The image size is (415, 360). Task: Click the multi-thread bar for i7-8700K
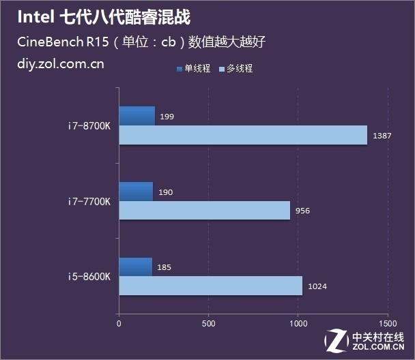[243, 135]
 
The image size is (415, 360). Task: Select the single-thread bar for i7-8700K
[137, 116]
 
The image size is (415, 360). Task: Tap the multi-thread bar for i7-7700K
[204, 210]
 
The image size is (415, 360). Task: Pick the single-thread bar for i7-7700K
[136, 192]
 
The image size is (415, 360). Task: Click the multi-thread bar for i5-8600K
[210, 286]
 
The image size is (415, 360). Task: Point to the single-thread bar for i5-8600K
[135, 267]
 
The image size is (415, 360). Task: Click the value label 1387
[382, 136]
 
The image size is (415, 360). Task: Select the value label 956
[302, 211]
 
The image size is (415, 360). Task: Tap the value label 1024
[317, 286]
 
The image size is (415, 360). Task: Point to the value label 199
[167, 117]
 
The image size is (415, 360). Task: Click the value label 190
[165, 192]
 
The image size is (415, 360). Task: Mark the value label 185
[164, 268]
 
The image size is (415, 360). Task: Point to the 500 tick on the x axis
[208, 323]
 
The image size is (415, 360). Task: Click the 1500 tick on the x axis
[387, 323]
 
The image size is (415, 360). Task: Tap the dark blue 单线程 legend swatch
[180, 69]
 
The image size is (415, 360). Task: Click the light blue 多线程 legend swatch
[223, 69]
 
